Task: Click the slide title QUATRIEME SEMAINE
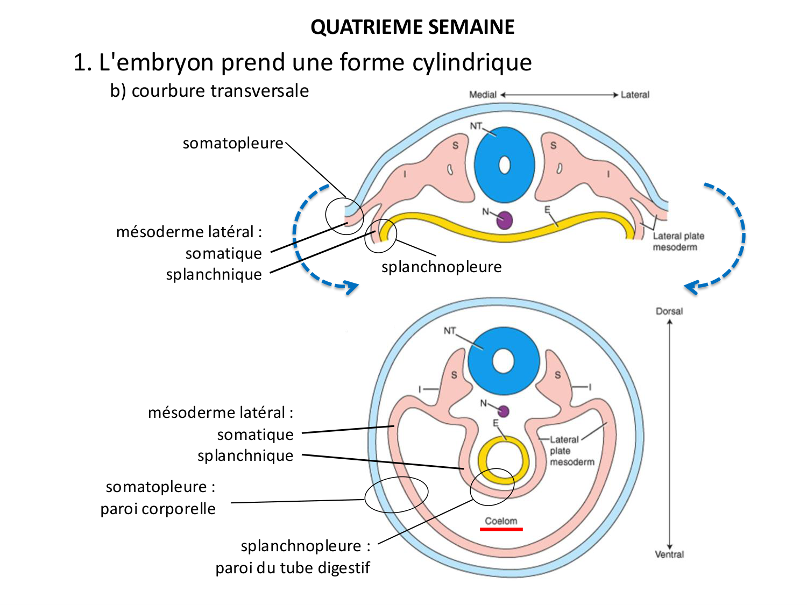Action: tap(412, 27)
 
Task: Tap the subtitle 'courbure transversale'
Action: tap(220, 91)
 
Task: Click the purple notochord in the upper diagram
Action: tap(504, 220)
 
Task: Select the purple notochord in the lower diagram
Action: tap(503, 411)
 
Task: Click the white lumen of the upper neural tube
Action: tap(504, 165)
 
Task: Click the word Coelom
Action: tap(501, 521)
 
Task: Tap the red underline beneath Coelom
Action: tap(501, 529)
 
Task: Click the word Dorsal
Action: tap(669, 311)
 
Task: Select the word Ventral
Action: tap(669, 554)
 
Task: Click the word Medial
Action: tap(483, 95)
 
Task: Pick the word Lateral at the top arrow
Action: tap(635, 95)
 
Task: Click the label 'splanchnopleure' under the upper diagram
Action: tap(441, 267)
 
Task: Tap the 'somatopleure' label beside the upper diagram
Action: tap(232, 144)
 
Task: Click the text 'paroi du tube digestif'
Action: tap(293, 568)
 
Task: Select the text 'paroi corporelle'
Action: tap(158, 509)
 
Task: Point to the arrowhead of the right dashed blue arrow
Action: tap(691, 287)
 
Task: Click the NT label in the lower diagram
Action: tap(449, 331)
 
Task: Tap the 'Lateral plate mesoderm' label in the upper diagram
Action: tap(678, 241)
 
